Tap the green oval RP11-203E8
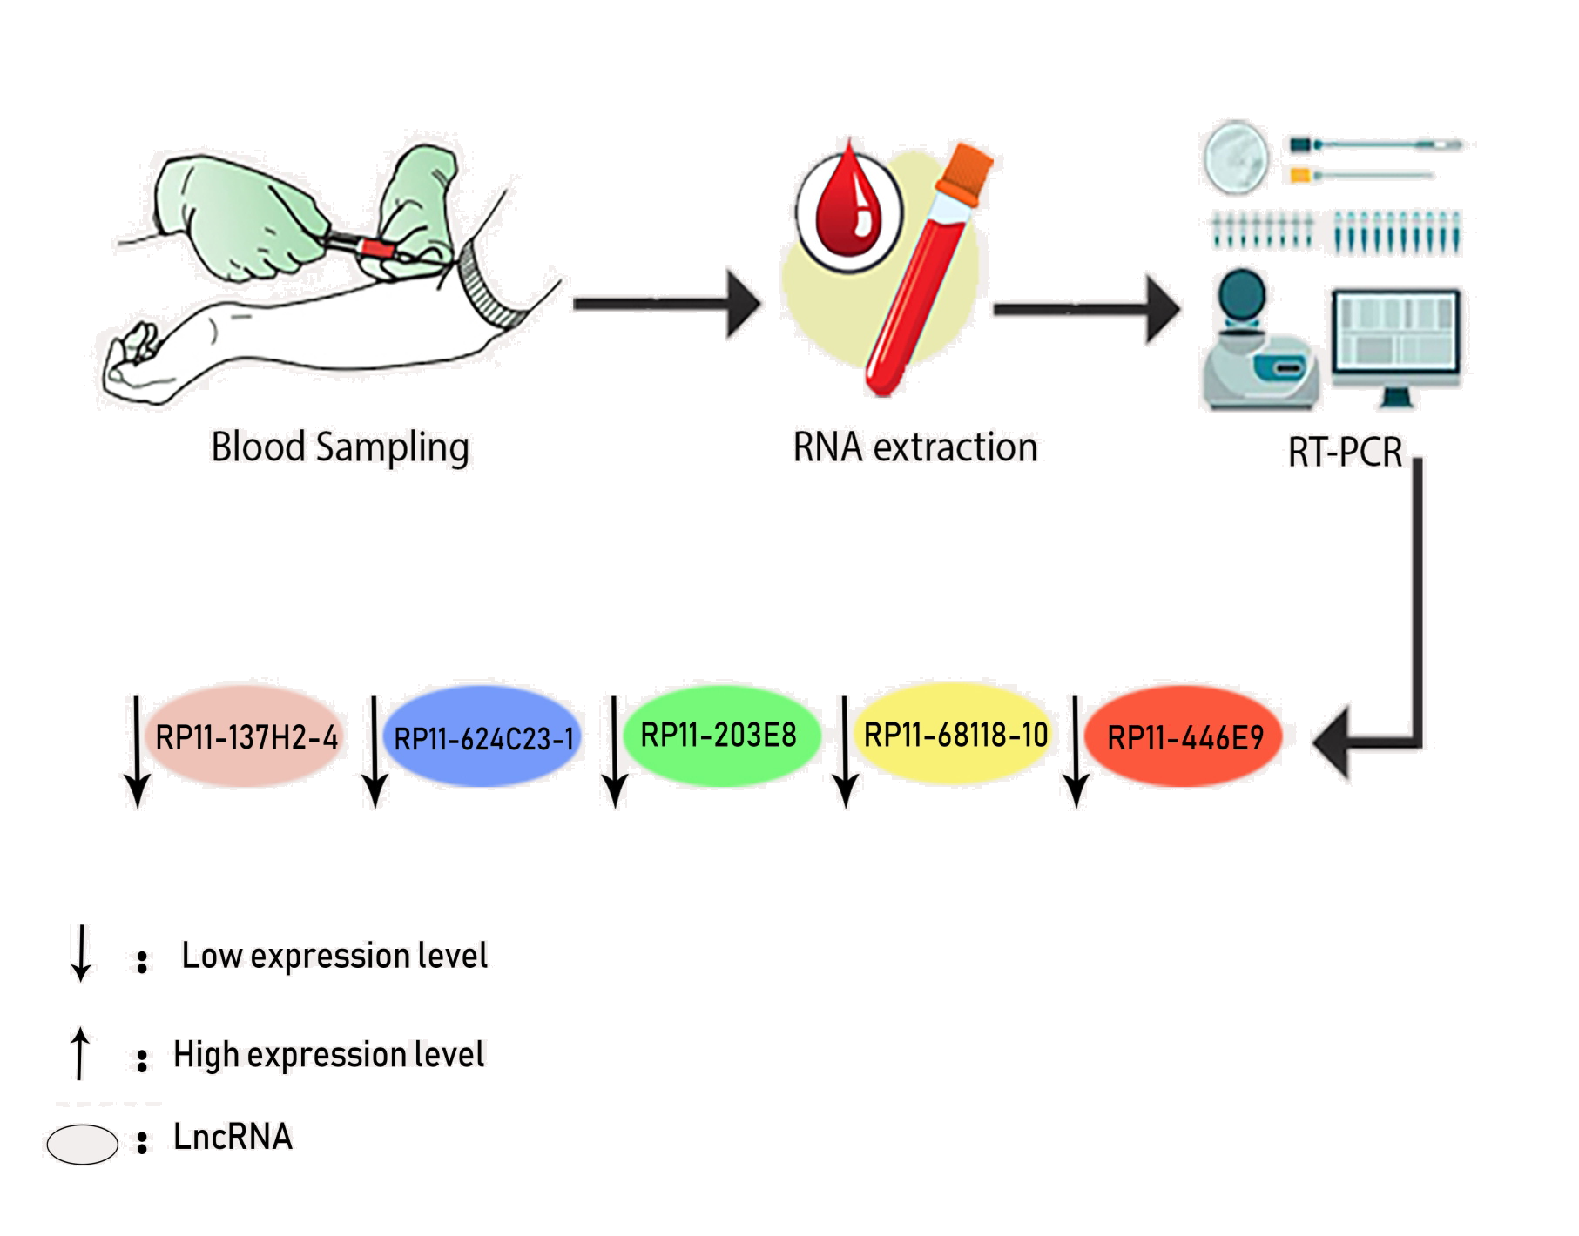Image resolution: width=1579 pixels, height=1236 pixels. click(719, 736)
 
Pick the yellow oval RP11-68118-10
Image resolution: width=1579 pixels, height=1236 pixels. click(955, 736)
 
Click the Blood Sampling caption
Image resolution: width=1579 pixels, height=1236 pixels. click(341, 448)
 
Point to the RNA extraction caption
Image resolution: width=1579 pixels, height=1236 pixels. click(915, 448)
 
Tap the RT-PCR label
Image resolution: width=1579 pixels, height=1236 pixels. click(1345, 453)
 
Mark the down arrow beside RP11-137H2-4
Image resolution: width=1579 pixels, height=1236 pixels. click(137, 752)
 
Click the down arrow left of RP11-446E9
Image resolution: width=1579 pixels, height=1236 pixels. click(1076, 752)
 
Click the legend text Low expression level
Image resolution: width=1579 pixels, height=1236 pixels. click(334, 957)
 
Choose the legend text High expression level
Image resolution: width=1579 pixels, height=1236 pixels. click(328, 1055)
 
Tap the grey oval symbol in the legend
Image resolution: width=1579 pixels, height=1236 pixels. click(82, 1144)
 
